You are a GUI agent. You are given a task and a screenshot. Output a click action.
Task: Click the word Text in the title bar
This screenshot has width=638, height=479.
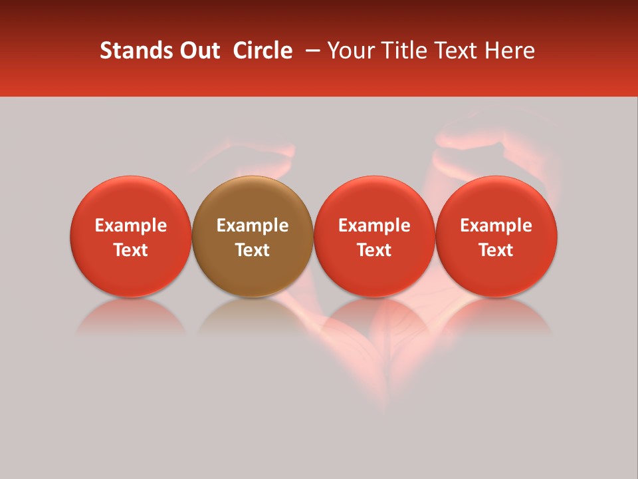click(453, 51)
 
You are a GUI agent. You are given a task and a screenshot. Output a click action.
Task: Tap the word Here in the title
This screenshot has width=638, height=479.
click(508, 51)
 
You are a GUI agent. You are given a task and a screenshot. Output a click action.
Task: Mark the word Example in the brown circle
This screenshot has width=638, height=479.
click(253, 226)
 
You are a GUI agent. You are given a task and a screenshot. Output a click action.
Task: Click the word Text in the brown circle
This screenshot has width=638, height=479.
click(253, 250)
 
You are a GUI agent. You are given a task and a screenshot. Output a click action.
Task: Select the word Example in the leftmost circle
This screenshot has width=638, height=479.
click(131, 226)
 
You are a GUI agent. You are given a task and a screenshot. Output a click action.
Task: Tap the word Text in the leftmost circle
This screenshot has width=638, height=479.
click(131, 250)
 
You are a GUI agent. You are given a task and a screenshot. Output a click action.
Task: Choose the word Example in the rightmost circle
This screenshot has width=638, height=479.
click(496, 226)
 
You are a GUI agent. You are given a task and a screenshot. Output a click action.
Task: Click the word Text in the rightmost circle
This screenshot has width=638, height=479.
click(496, 250)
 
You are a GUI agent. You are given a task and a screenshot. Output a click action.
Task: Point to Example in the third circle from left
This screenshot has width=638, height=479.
click(374, 226)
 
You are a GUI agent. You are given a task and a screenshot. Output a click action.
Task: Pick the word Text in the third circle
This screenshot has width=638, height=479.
click(374, 250)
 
